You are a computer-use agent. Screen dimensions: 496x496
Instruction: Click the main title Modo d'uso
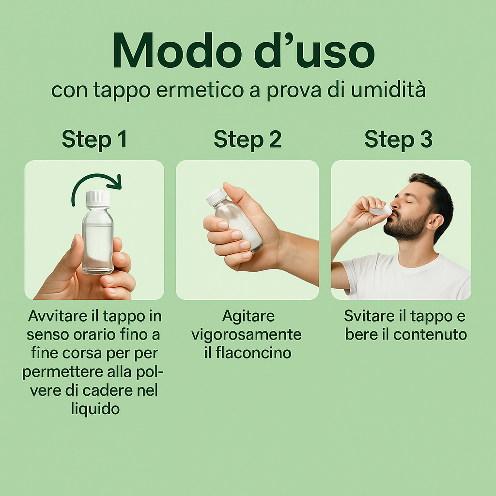[x=244, y=50]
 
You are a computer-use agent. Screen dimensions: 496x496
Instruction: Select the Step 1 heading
[x=94, y=139]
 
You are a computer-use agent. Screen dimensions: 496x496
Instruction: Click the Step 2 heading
[x=248, y=139]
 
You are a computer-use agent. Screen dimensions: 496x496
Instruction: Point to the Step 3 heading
[x=398, y=139]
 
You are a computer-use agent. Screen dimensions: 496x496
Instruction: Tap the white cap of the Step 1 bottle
[x=98, y=199]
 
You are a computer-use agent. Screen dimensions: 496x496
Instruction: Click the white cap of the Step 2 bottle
[x=217, y=196]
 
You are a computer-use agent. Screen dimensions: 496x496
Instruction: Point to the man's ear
[x=434, y=221]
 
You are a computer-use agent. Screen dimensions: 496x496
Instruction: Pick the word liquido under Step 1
[x=95, y=409]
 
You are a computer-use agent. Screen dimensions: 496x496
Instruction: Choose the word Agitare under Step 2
[x=248, y=316]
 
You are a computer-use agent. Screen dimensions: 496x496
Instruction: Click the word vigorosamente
[x=247, y=335]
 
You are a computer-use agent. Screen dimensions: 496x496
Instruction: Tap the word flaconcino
[x=253, y=353]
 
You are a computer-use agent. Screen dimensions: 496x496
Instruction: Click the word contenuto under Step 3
[x=430, y=335]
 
